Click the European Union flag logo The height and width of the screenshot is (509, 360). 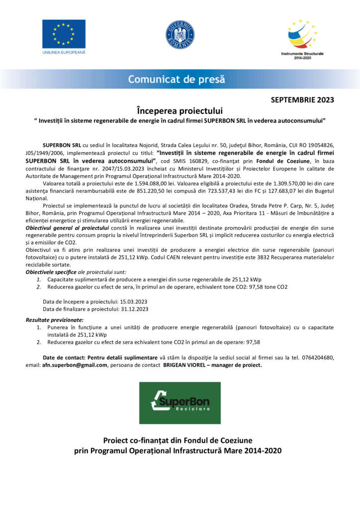[64, 34]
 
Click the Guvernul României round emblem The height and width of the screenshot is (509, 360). [180, 34]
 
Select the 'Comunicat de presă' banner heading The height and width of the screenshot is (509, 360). [177, 79]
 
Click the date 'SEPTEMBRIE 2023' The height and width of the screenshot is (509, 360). [302, 99]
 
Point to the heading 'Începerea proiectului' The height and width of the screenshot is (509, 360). [180, 110]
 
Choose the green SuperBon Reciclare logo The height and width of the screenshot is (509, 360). [180, 403]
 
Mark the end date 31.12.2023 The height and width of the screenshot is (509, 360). [133, 309]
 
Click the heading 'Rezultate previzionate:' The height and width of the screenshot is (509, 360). [55, 320]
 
